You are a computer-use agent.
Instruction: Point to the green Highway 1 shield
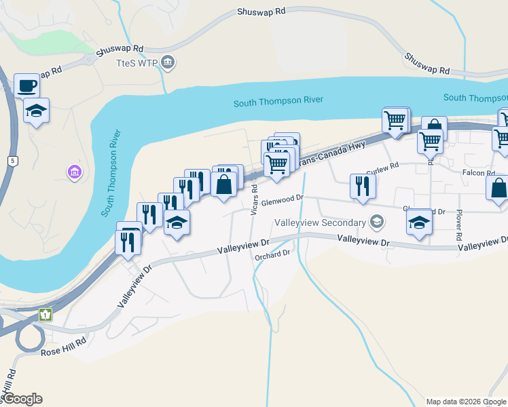[x=46, y=315]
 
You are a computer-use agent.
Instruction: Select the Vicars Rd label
[x=254, y=201]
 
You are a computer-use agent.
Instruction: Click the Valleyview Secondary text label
[x=319, y=222]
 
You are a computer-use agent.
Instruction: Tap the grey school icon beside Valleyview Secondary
[x=376, y=222]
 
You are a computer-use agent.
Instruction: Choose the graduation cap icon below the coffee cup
[x=36, y=111]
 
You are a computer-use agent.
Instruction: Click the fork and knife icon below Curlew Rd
[x=362, y=185]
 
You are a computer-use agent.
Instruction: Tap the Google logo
[x=22, y=399]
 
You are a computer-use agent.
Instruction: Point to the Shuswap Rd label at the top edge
[x=261, y=12]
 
